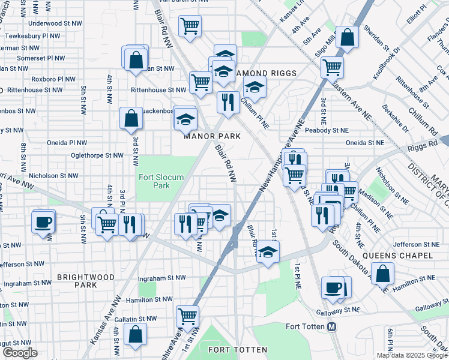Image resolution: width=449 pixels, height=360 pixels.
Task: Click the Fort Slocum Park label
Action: coord(161,181)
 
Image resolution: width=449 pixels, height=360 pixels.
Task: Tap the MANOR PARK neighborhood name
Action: coord(212,136)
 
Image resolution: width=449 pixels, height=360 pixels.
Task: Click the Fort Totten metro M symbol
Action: coord(331,327)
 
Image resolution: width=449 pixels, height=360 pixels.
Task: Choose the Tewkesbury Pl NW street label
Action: coord(31,36)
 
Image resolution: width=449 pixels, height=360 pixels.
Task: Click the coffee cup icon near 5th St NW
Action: coord(43,221)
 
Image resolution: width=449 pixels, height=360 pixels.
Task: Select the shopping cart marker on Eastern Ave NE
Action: coord(332,67)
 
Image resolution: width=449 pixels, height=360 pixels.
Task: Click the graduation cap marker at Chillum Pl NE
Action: coord(255,87)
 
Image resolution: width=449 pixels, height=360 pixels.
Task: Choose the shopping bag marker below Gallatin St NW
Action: coord(136,335)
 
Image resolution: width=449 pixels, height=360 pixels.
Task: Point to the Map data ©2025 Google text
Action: coord(412,355)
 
